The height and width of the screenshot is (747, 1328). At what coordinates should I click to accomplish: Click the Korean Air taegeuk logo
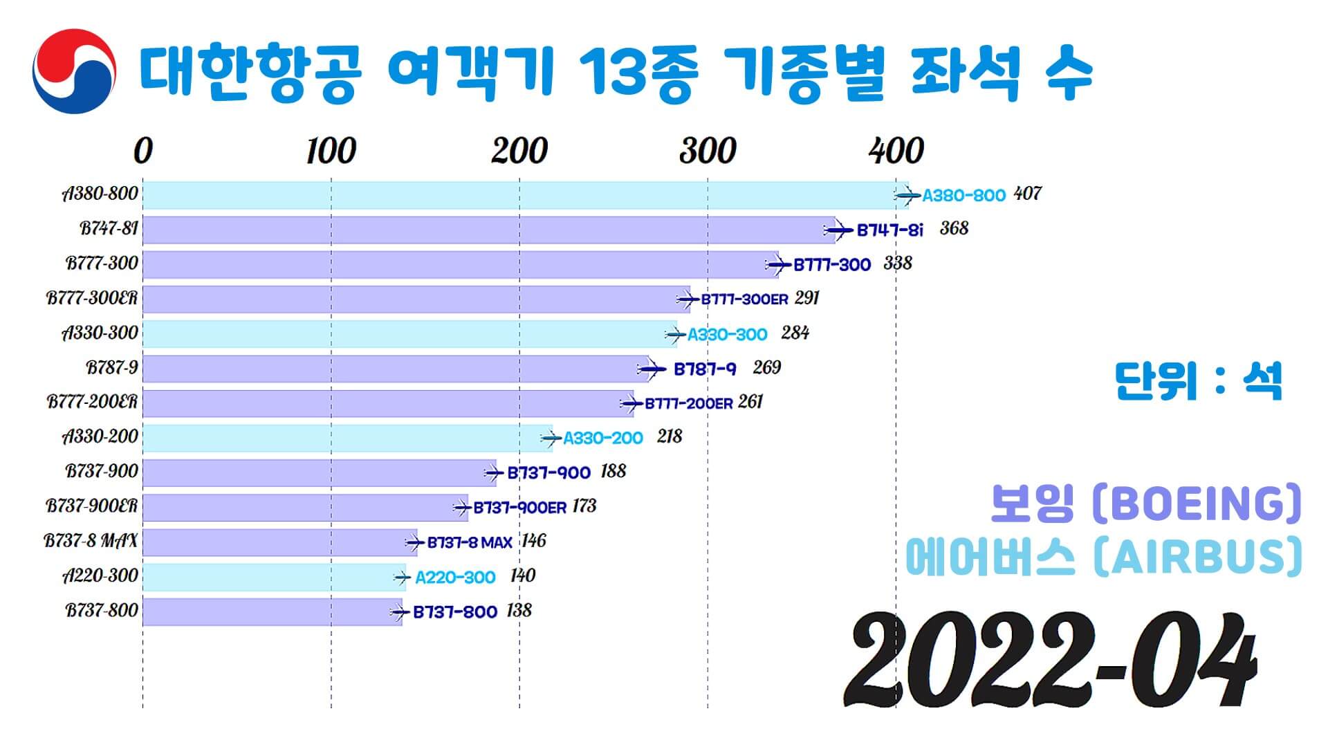click(74, 71)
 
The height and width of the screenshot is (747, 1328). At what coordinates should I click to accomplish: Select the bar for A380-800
click(526, 195)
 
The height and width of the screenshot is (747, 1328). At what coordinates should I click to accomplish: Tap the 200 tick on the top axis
click(519, 151)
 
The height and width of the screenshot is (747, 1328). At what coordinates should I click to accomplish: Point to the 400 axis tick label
click(896, 151)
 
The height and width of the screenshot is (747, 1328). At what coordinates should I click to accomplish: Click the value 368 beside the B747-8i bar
click(954, 229)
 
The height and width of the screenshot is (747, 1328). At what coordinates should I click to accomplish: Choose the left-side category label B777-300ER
click(92, 298)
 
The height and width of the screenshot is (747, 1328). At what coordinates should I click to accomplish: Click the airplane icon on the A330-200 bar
click(551, 439)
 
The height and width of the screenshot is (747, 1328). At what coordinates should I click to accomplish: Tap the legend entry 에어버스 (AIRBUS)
click(1104, 557)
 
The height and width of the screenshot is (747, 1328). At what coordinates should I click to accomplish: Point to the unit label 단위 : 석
click(1198, 381)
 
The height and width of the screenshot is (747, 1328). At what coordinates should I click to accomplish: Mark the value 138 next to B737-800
click(519, 611)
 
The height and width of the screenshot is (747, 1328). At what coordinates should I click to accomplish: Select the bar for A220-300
click(274, 577)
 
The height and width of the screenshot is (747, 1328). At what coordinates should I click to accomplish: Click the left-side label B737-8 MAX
click(91, 541)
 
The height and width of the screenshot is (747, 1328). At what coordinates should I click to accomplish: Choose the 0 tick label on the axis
click(142, 151)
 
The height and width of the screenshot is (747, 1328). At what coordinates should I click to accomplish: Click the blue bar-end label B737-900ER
click(519, 508)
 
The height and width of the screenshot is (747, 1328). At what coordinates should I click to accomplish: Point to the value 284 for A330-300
click(795, 333)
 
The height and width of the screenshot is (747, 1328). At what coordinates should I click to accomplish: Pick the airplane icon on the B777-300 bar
click(778, 265)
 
